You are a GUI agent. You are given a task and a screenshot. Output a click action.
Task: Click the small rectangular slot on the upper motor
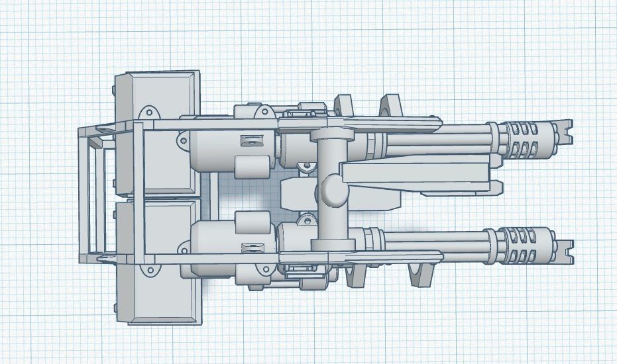click(251, 140)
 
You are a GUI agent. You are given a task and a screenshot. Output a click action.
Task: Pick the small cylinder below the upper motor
click(251, 165)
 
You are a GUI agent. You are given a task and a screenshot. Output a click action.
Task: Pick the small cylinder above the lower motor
click(251, 222)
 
